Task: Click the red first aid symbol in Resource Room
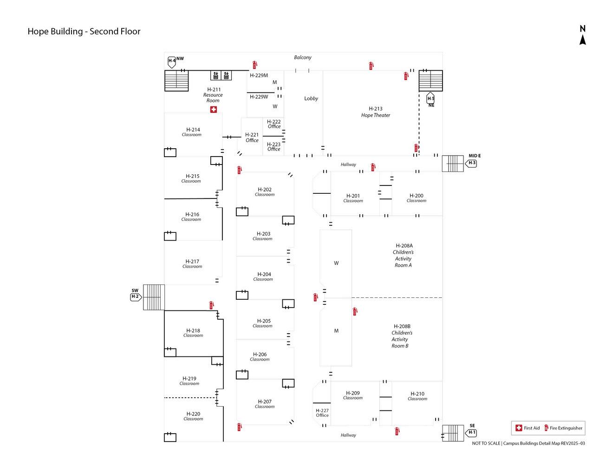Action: click(x=213, y=110)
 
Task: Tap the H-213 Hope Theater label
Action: click(x=376, y=112)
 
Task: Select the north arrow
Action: click(x=582, y=35)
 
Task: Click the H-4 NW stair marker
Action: click(x=172, y=61)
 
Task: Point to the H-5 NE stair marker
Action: click(x=430, y=99)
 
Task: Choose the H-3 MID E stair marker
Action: click(x=471, y=163)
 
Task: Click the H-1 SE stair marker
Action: click(x=471, y=433)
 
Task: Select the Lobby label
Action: click(x=311, y=99)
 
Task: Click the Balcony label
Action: click(x=303, y=58)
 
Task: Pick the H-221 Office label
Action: click(x=252, y=138)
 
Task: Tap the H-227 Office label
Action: click(x=322, y=413)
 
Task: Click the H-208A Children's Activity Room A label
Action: click(x=404, y=255)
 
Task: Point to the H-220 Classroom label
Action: click(x=193, y=416)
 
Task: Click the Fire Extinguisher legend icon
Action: click(x=546, y=428)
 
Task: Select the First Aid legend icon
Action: click(x=519, y=428)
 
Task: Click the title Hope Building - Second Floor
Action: click(x=84, y=32)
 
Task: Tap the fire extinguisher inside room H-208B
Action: click(x=355, y=311)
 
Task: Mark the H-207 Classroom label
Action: click(x=265, y=404)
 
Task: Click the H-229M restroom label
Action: click(x=259, y=75)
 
